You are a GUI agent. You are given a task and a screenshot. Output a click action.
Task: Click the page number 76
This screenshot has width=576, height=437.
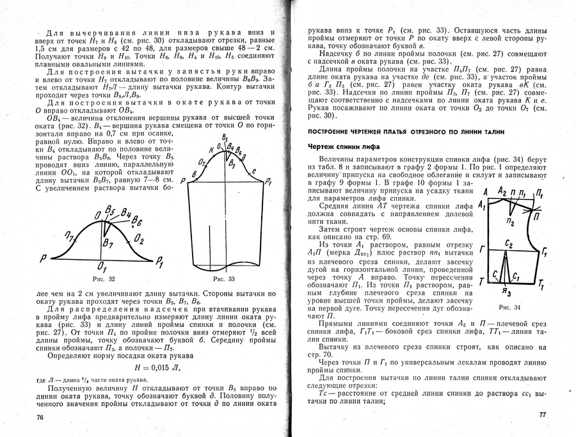40,417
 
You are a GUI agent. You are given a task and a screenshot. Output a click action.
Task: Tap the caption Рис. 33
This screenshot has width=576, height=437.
223,278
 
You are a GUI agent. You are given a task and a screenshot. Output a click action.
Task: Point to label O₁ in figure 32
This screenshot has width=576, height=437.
102,264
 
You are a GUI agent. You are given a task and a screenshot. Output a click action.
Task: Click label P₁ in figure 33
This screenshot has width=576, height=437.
269,182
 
